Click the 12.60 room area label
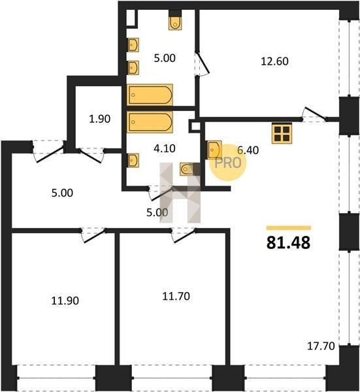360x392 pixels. (274, 61)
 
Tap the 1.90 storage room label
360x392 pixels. (99, 119)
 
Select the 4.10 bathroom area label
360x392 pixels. (165, 148)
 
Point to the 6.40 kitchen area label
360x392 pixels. (248, 150)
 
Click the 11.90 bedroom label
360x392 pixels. (65, 301)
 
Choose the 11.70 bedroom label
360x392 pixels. (176, 296)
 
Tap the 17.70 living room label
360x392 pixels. (321, 346)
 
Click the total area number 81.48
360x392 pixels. (289, 243)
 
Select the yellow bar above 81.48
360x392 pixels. (289, 228)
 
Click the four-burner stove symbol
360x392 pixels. (282, 133)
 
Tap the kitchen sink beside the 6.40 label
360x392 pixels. (214, 150)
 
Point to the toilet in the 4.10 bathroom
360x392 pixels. (186, 169)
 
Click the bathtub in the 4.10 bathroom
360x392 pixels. (150, 122)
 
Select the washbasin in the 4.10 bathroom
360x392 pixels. (133, 161)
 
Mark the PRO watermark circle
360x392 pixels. (228, 163)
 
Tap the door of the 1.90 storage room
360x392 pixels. (91, 155)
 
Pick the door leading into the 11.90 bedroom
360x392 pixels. (93, 235)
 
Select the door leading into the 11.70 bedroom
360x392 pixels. (183, 235)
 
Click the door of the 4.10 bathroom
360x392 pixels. (161, 193)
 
